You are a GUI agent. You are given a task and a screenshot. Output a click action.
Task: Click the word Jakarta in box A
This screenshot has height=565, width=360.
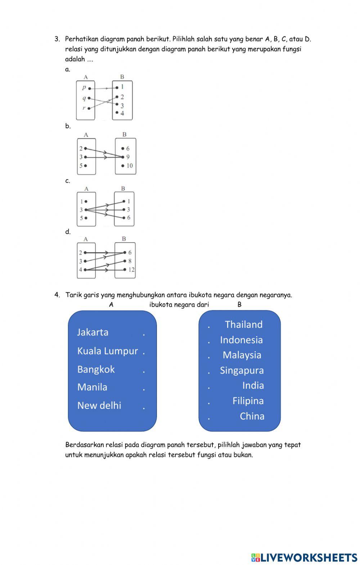click(x=93, y=332)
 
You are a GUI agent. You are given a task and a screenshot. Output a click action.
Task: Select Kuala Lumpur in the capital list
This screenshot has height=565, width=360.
click(x=107, y=351)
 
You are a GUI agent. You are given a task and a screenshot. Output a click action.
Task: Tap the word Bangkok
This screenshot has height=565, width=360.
click(x=96, y=369)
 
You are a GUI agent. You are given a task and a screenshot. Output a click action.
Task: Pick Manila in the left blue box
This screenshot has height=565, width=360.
click(x=92, y=387)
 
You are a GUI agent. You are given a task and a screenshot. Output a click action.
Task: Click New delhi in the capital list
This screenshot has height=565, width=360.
click(x=99, y=406)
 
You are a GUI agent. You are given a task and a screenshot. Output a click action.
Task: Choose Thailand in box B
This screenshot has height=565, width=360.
click(x=244, y=325)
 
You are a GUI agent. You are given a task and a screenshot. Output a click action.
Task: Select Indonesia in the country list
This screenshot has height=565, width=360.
click(x=241, y=340)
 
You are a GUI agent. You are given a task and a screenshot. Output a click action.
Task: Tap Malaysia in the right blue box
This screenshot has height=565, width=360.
click(x=242, y=355)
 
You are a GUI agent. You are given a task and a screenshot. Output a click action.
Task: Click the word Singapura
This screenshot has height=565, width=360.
click(x=242, y=370)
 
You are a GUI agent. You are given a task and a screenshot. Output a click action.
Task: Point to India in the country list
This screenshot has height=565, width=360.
click(x=253, y=385)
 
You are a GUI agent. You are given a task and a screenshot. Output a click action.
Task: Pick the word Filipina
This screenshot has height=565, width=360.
click(x=248, y=401)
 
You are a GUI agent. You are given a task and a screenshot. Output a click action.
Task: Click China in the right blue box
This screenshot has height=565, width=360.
click(x=252, y=416)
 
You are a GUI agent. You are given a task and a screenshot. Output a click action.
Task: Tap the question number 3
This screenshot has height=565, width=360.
click(x=57, y=39)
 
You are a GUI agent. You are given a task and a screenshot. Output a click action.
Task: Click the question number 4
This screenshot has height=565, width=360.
click(x=57, y=295)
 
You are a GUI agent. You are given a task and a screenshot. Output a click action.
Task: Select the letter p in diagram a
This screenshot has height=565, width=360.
click(x=84, y=87)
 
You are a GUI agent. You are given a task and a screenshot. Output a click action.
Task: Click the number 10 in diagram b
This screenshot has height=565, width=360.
click(x=129, y=166)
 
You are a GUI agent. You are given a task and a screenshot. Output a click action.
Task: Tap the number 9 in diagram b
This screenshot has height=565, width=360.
click(x=128, y=157)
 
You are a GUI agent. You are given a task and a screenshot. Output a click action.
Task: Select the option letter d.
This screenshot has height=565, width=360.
click(x=68, y=232)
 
